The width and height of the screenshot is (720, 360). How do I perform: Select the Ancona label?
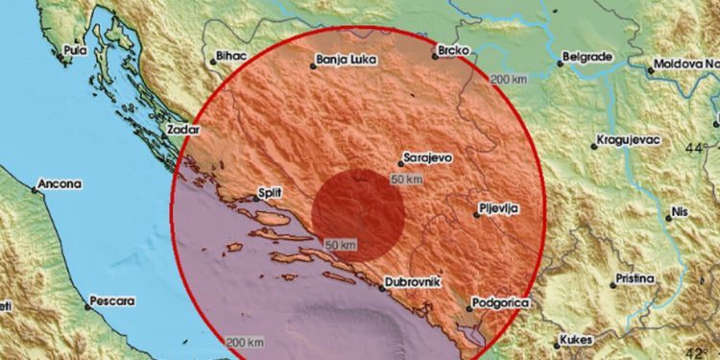pyautogui.click(x=60, y=182)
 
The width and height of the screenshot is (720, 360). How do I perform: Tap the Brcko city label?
pyautogui.click(x=454, y=48)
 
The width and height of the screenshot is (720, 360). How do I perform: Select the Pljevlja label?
pyautogui.click(x=502, y=206)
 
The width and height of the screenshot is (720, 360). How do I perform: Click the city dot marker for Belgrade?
pyautogui.click(x=561, y=65)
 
